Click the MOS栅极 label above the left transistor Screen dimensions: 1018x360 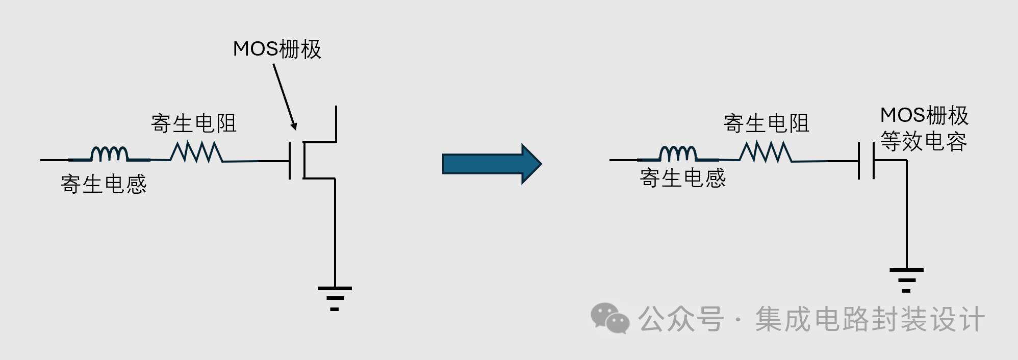[x=277, y=49]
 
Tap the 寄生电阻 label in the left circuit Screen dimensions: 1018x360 [x=194, y=123]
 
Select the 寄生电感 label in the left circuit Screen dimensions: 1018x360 [x=104, y=184]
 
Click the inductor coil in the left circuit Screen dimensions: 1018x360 [x=109, y=153]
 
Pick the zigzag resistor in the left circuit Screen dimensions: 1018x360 [x=196, y=152]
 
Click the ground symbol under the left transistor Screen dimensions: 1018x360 [x=335, y=298]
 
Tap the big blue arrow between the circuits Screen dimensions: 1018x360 [x=492, y=164]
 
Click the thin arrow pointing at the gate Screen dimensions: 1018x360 [x=285, y=97]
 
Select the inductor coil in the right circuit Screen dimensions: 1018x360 [x=678, y=153]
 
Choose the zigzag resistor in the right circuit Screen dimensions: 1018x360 [x=766, y=152]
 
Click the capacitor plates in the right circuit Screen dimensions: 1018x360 [x=866, y=160]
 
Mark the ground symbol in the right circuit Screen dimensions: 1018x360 [x=906, y=280]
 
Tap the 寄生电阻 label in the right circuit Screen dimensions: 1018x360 [x=767, y=123]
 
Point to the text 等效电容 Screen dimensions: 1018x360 [x=924, y=141]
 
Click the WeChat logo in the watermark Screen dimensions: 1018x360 [x=609, y=318]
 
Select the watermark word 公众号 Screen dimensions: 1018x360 [x=681, y=319]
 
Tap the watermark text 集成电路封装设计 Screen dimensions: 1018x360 [x=870, y=319]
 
